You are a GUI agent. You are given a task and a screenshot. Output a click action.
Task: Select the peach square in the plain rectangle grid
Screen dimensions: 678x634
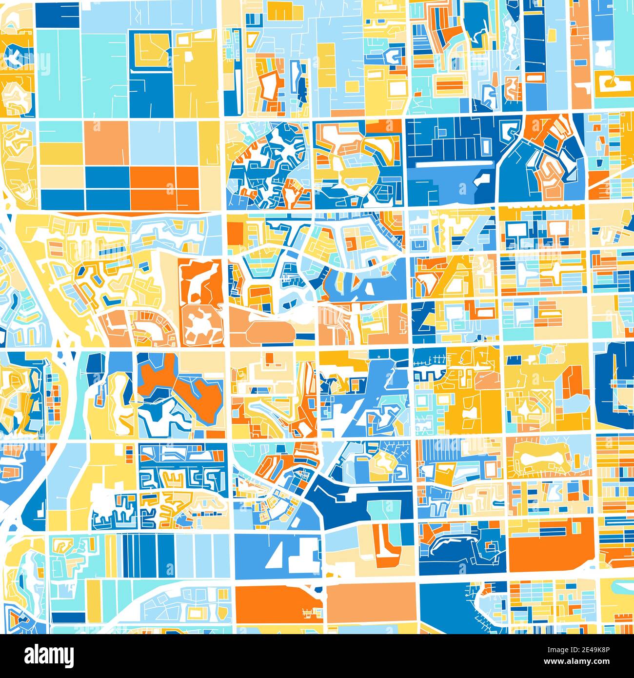106,142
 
